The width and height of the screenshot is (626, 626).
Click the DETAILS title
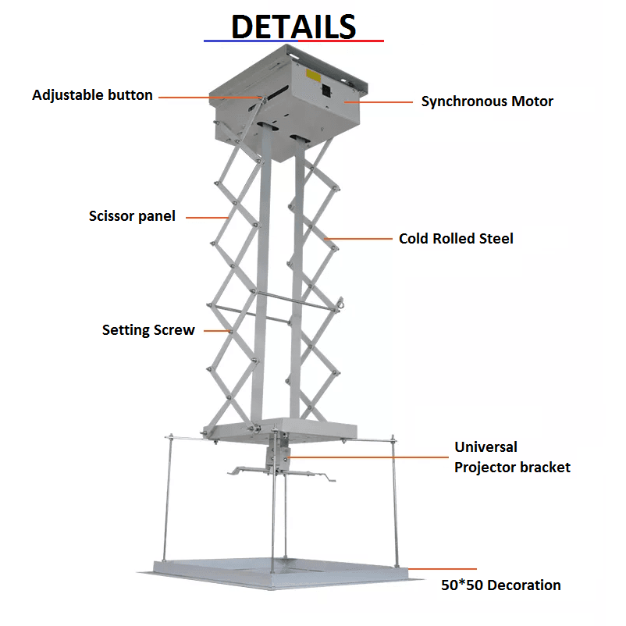click(293, 27)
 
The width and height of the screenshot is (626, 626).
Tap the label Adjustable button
click(92, 95)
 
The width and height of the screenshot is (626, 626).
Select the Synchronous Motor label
click(487, 101)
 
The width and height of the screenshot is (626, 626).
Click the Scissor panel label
click(132, 216)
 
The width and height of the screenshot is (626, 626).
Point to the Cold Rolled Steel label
click(456, 238)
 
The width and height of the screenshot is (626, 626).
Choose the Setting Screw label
click(148, 330)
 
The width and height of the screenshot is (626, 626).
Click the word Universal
click(486, 446)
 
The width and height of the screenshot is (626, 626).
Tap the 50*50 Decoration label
click(500, 585)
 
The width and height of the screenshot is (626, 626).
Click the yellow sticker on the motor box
click(314, 76)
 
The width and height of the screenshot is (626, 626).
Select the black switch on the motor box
click(326, 91)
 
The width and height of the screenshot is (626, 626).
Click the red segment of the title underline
click(341, 41)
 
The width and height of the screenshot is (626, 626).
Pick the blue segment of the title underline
click(251, 41)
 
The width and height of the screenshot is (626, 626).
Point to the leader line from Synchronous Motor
click(379, 102)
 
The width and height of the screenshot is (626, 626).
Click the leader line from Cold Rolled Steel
click(358, 239)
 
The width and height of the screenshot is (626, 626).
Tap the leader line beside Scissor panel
click(207, 218)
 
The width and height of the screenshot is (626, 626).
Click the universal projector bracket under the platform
click(279, 463)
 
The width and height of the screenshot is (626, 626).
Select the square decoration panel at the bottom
click(279, 573)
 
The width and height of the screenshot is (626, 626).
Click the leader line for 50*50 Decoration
click(443, 568)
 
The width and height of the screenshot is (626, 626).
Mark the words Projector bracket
click(512, 468)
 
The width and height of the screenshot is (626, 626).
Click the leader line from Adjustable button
click(210, 97)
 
